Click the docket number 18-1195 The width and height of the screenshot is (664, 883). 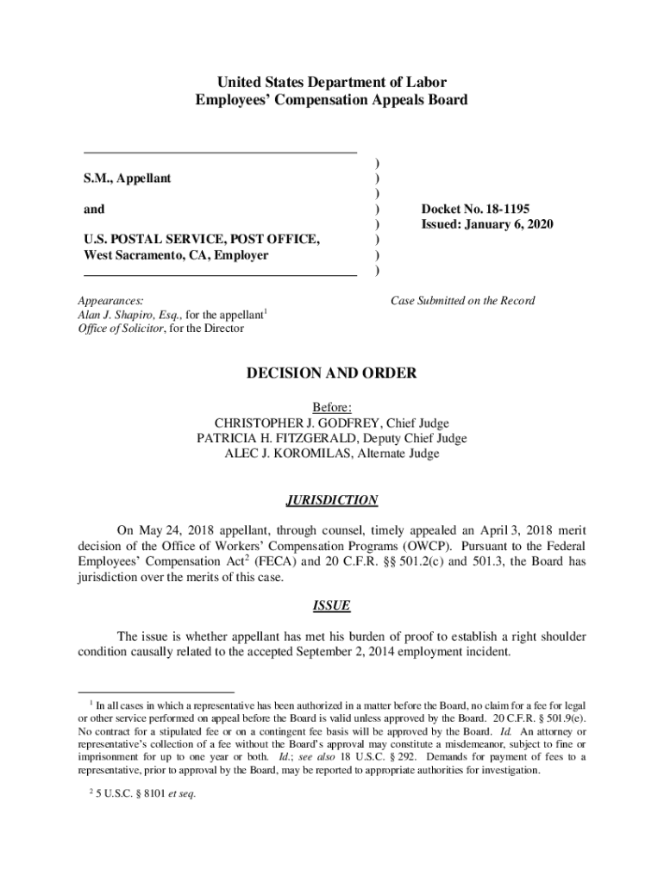click(504, 209)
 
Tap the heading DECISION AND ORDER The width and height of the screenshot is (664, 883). click(332, 373)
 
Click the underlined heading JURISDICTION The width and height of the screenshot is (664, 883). click(331, 500)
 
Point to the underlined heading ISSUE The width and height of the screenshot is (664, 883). click(331, 605)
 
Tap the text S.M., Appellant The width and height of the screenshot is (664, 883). click(127, 178)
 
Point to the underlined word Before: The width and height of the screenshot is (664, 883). click(332, 407)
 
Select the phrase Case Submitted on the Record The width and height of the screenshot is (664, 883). click(462, 300)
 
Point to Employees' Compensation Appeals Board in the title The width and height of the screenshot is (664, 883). click(332, 100)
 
